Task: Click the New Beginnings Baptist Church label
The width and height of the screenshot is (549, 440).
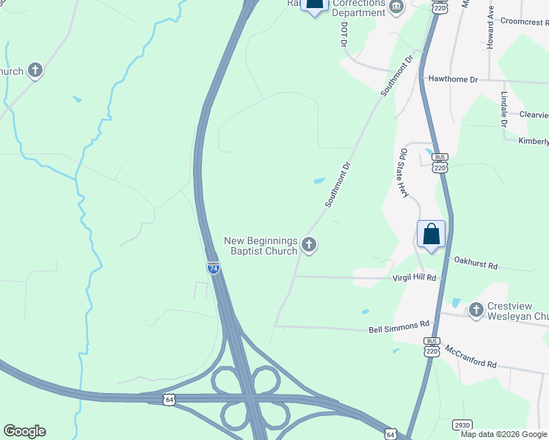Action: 261,246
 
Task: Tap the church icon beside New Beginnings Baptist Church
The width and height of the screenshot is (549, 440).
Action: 309,245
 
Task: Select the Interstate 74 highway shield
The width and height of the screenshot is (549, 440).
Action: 213,268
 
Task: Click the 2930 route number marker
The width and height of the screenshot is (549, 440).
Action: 462,424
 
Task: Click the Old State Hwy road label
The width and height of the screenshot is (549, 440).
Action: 403,173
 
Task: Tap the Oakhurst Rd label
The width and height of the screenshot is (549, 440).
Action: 476,260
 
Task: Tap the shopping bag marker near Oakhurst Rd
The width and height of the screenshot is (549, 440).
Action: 431,235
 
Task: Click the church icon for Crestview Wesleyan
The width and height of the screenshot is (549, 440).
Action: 476,311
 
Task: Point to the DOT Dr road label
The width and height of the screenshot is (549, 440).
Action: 343,34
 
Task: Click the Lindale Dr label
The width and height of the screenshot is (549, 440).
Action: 504,109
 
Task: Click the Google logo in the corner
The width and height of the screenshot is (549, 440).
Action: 24,431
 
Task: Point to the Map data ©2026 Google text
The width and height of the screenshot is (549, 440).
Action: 503,434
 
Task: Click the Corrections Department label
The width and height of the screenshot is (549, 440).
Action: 359,8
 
